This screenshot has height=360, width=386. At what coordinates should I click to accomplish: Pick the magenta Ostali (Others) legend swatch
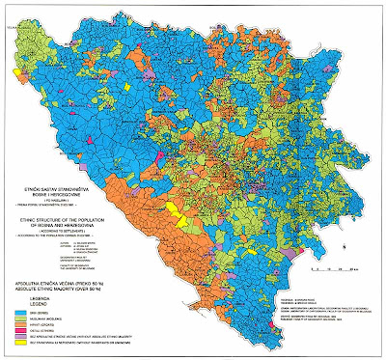[18, 330]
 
